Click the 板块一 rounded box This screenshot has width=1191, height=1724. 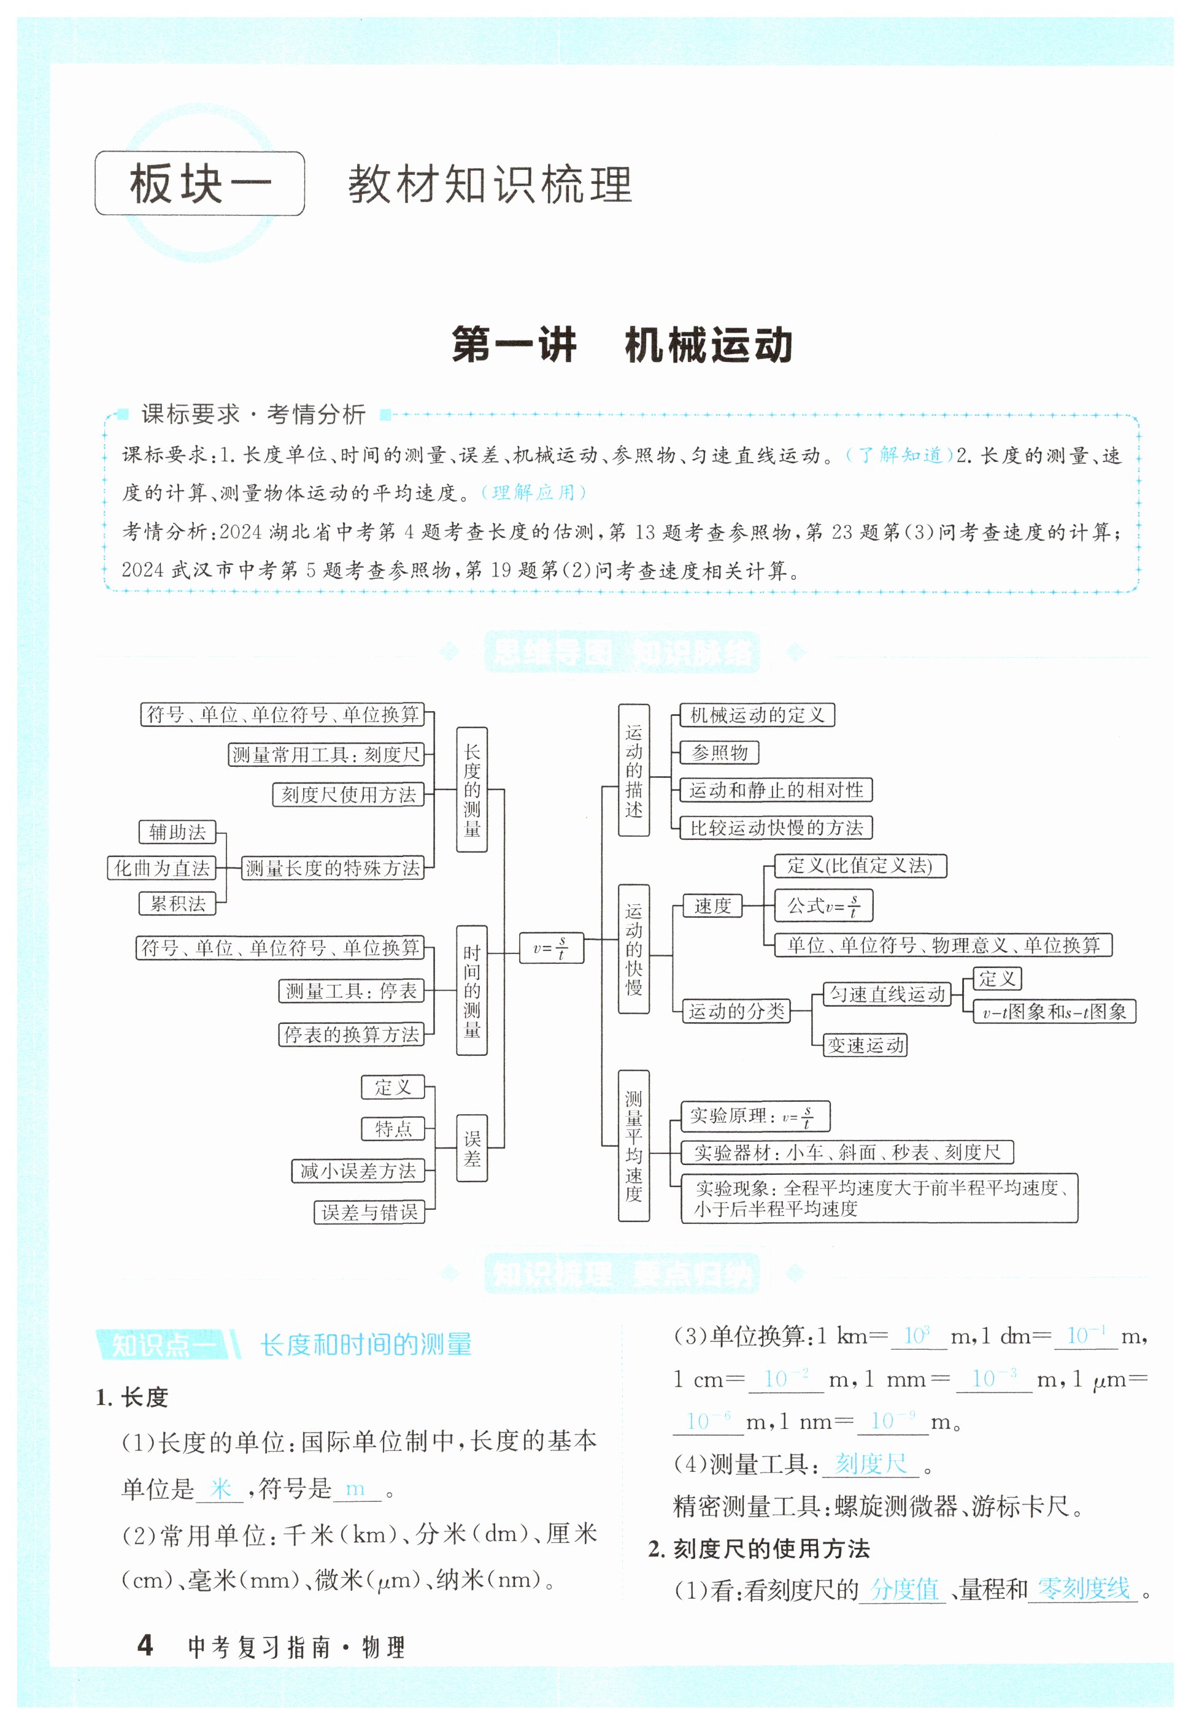(x=199, y=183)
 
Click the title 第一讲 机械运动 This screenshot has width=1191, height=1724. (x=622, y=345)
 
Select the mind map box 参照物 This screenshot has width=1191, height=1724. (x=719, y=752)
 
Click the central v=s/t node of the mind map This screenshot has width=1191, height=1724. (x=551, y=948)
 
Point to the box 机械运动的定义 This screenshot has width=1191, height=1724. (x=757, y=715)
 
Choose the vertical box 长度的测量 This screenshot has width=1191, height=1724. (x=472, y=789)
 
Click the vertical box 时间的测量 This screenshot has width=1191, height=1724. (x=472, y=990)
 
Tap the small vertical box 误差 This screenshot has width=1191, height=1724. (x=472, y=1148)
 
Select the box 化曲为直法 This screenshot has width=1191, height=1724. (x=162, y=868)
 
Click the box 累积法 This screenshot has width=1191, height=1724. (x=177, y=903)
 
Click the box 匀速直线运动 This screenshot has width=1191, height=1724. (x=887, y=995)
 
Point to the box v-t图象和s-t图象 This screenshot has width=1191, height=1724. (x=1054, y=1012)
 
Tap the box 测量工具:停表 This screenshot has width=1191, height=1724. (x=351, y=991)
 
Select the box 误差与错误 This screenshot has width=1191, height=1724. (x=369, y=1212)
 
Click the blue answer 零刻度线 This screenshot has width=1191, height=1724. (x=1083, y=1588)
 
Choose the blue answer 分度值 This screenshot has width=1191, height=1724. (x=904, y=1588)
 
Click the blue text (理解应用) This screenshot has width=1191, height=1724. (x=533, y=493)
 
